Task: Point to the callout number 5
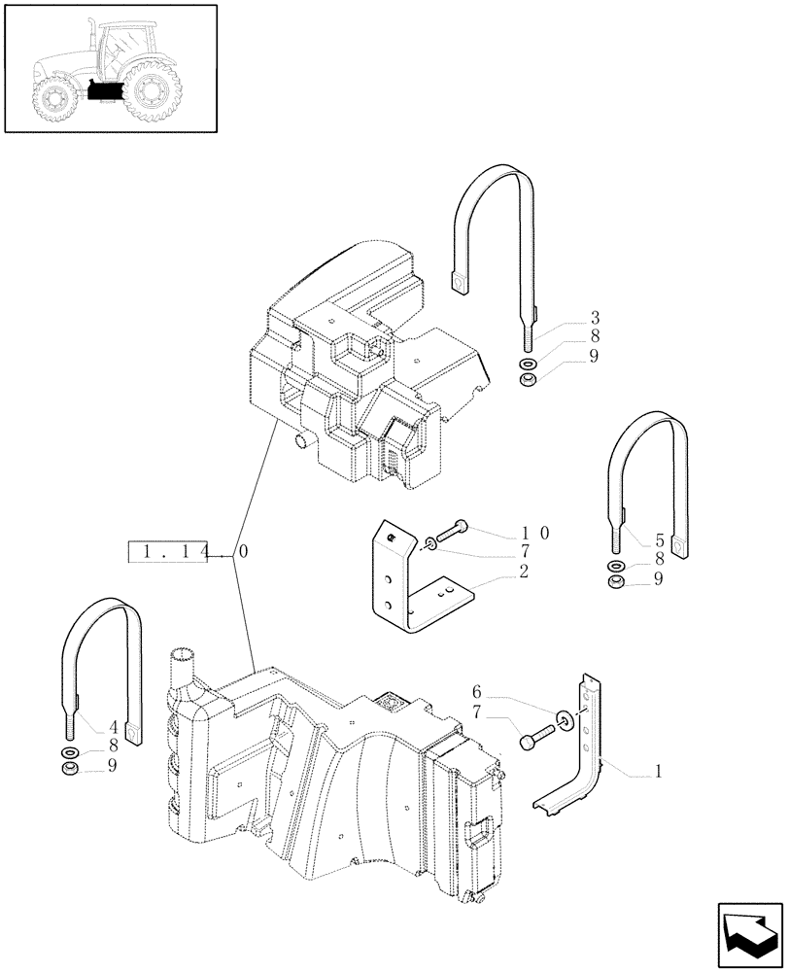(x=633, y=540)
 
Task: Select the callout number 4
(x=88, y=724)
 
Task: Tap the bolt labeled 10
(x=448, y=531)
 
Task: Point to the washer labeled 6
(x=564, y=720)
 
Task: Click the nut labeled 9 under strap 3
(x=528, y=377)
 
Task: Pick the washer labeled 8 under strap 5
(x=616, y=566)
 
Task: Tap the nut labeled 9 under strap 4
(x=70, y=770)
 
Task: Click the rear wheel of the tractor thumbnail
(x=151, y=92)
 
